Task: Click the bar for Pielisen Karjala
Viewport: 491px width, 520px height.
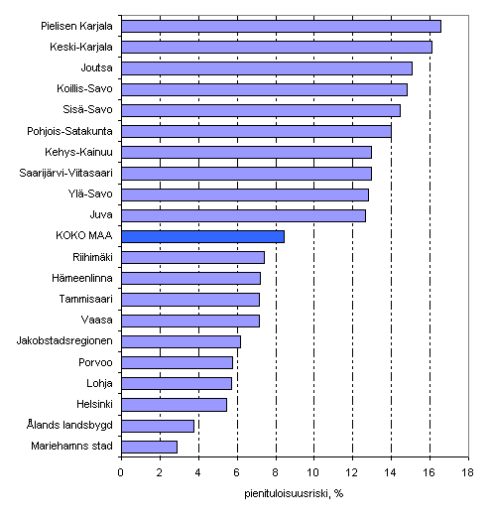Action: tap(281, 26)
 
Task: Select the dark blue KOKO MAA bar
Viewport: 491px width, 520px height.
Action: tap(202, 236)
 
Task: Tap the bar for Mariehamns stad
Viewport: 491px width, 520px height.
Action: tap(149, 447)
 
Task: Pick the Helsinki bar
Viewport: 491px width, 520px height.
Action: tap(174, 404)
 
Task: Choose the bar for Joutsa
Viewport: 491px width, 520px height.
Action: tap(266, 68)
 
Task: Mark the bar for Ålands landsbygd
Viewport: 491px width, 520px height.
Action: tap(157, 426)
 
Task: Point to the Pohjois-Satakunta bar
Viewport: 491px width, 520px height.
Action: tap(256, 131)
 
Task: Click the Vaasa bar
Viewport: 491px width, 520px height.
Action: tap(189, 321)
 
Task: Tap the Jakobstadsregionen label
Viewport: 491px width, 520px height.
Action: tap(65, 341)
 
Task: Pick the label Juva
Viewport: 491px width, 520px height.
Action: tap(101, 215)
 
